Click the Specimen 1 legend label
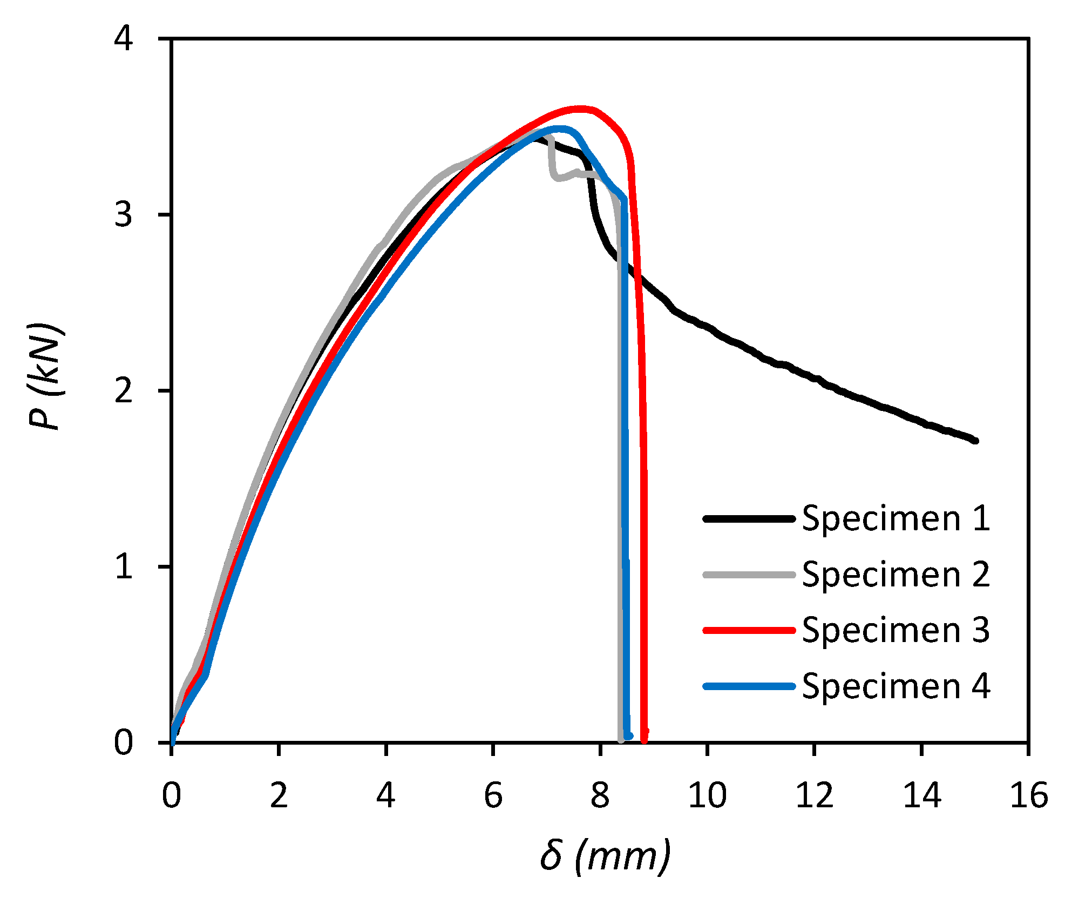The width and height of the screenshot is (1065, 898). pos(896,519)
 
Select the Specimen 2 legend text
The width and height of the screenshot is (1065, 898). pos(896,575)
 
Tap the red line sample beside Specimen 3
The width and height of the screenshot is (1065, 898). pos(749,630)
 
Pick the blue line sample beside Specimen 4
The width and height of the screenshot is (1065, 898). pos(749,686)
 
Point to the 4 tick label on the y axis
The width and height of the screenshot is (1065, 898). pos(124,39)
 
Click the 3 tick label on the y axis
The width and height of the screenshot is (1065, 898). pos(124,214)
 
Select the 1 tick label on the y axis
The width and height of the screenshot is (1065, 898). pos(124,566)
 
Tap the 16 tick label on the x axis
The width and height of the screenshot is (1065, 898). pos(1028,795)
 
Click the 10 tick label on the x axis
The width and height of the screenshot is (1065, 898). pos(707,795)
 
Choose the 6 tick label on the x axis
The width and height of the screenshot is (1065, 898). pos(493,795)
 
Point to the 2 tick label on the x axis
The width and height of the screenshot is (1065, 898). pos(279,795)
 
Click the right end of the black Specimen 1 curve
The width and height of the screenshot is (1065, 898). pos(975,441)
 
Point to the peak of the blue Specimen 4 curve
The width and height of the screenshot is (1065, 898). pos(559,129)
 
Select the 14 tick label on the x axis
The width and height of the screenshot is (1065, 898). pos(921,795)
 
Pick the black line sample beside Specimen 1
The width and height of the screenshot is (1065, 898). pos(749,519)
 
